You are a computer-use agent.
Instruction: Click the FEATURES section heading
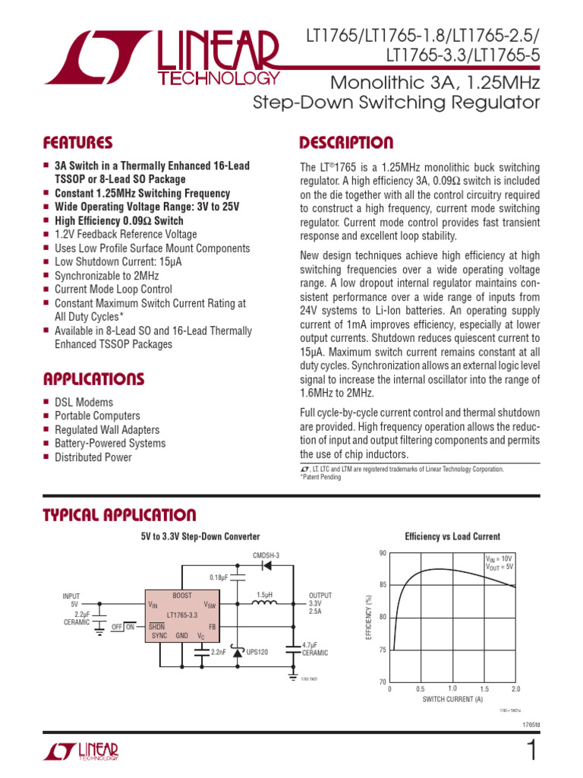tap(78, 143)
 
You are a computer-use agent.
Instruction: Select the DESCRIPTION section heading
tap(346, 143)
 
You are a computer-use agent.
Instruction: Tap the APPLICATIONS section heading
tap(93, 378)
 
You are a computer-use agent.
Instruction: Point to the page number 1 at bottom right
tap(531, 751)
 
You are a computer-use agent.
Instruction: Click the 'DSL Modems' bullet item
tap(84, 402)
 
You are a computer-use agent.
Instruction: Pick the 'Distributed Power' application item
tap(93, 457)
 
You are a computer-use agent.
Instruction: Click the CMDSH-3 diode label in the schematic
tap(265, 556)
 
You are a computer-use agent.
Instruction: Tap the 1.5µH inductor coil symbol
tap(264, 605)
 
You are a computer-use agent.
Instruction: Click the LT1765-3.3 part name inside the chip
tap(183, 614)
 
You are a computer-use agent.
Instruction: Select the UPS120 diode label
tap(257, 652)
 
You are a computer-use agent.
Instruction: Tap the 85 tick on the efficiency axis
tap(381, 584)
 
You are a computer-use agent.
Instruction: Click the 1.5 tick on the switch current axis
tap(484, 688)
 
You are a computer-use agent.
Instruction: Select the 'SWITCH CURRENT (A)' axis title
tap(452, 699)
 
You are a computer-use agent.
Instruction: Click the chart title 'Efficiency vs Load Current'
tap(452, 536)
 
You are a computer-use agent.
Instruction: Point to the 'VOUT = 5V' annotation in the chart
tap(499, 566)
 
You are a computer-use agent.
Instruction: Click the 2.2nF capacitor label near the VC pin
tap(219, 652)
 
